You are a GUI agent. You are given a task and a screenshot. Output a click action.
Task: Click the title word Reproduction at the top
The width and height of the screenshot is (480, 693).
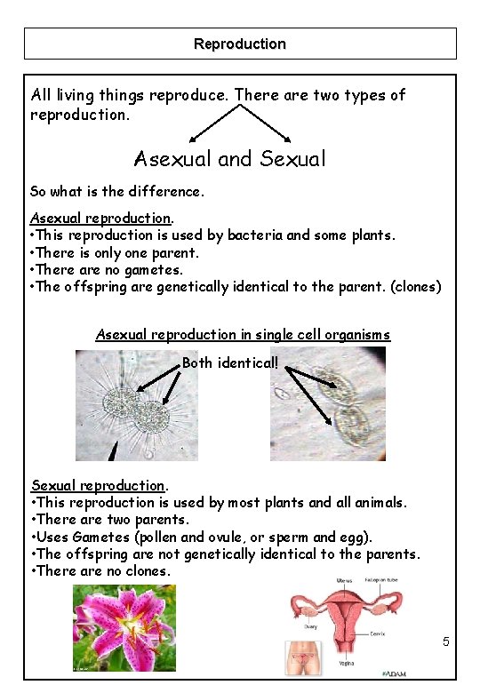point(240,44)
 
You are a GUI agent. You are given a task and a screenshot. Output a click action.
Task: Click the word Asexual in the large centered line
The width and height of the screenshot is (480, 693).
point(173,159)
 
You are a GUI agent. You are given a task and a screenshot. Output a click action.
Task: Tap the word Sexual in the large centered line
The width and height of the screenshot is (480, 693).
point(293,159)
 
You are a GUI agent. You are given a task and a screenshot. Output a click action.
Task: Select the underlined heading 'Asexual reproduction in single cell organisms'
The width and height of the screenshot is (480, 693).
point(243,335)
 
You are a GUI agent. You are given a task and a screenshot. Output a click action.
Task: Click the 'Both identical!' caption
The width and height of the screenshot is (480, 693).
point(229,363)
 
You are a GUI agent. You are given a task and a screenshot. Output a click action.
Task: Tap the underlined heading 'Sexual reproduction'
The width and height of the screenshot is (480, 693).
point(98,486)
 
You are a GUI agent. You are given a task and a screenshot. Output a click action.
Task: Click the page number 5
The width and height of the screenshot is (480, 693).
point(446,642)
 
